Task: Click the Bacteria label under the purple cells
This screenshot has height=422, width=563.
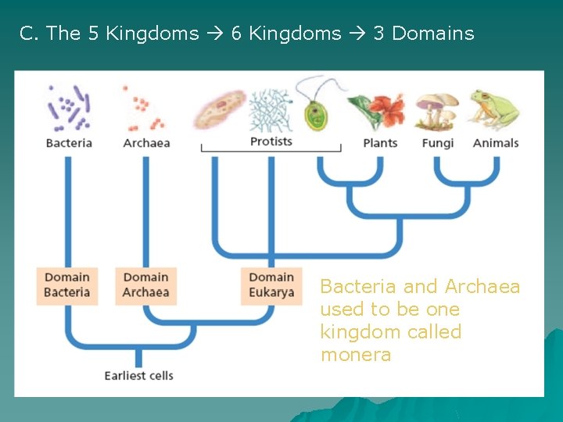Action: [69, 143]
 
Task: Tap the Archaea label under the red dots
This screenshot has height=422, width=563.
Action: [146, 143]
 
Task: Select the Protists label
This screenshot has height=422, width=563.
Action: [271, 141]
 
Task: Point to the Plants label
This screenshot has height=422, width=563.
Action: [380, 143]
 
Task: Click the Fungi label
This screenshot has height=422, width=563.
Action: [437, 143]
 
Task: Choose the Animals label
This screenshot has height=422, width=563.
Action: [496, 143]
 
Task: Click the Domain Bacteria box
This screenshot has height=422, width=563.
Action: [67, 285]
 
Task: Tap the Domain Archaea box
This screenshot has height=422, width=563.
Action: [145, 285]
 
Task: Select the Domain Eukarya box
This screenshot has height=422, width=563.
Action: [271, 285]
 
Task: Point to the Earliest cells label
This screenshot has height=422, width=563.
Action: [139, 376]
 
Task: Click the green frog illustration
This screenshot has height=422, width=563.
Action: [493, 109]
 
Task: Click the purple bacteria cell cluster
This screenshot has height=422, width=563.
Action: [70, 107]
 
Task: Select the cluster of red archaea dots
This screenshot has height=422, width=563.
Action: [145, 109]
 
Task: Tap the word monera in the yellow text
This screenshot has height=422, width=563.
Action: [355, 355]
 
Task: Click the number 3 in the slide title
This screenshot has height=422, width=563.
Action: [378, 34]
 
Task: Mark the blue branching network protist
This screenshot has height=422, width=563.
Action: [270, 109]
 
